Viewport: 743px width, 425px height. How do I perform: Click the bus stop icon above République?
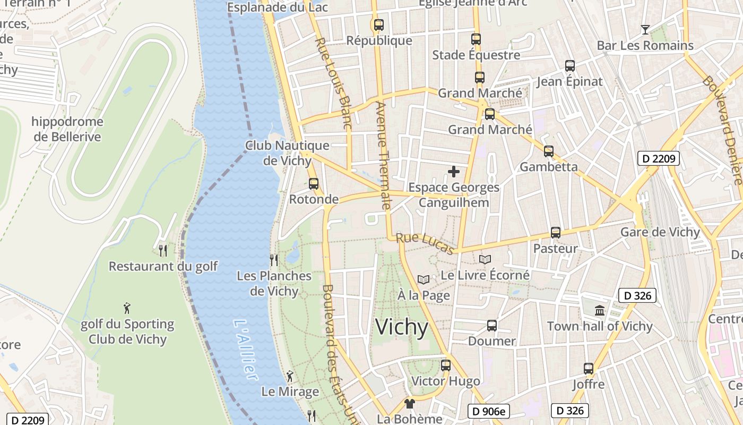378,24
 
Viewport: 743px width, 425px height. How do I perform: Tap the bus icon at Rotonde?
314,183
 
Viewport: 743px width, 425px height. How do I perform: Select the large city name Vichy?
401,327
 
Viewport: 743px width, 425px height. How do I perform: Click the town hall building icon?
600,310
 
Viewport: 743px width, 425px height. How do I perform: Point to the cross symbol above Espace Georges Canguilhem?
454,172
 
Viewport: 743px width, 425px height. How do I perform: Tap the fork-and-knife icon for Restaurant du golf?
163,250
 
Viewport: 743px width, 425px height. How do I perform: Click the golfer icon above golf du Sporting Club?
127,308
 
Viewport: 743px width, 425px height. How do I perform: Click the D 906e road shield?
488,411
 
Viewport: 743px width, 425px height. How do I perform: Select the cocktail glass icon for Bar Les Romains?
645,29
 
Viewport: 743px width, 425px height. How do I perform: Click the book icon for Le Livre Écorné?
485,259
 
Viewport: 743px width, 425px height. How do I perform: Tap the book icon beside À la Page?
423,279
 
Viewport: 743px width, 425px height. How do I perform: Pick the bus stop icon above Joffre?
588,368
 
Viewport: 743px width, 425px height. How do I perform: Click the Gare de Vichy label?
660,232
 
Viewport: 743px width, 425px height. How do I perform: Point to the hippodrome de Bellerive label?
67,129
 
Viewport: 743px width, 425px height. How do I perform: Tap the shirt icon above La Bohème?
409,403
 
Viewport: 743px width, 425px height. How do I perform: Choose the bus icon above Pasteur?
555,232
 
